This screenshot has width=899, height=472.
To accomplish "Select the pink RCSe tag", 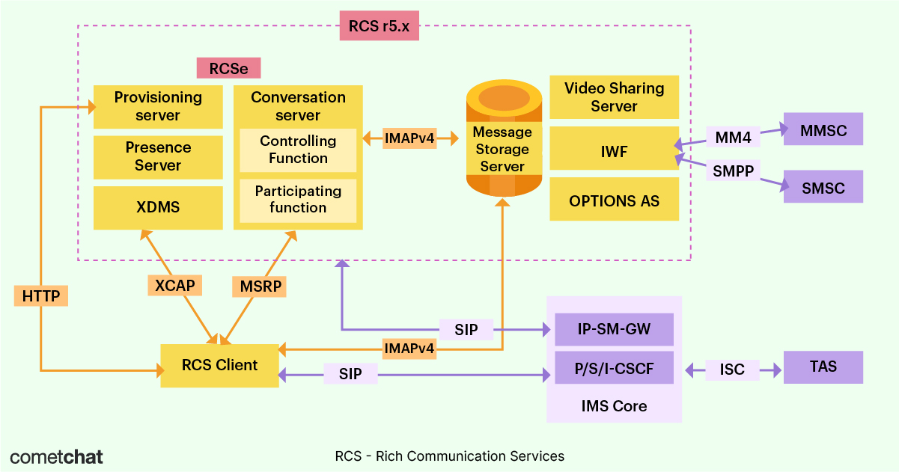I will tap(228, 69).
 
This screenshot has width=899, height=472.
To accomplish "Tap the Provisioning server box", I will tap(158, 106).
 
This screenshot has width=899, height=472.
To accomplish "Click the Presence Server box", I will tap(158, 157).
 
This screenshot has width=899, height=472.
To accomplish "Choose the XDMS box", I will tap(158, 207).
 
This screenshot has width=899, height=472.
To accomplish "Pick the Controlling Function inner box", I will tap(298, 150).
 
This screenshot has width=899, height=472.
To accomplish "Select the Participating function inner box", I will tap(298, 200).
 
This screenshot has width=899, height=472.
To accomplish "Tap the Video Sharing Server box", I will tap(614, 97).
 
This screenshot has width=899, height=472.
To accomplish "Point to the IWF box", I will tap(614, 152).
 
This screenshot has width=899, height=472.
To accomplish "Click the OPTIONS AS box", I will tap(614, 201).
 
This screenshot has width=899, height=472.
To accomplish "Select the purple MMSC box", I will tap(823, 130).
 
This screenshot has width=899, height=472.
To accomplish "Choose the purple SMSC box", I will tap(823, 188).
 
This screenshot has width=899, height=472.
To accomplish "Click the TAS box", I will tap(823, 367).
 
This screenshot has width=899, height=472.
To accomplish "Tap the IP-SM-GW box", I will tap(614, 329).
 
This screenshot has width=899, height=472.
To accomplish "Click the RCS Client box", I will tap(219, 366).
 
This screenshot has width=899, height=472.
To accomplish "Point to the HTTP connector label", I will tap(41, 295).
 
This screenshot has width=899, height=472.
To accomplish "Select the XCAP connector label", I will tap(174, 285).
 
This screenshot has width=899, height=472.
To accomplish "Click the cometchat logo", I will tap(57, 456).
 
